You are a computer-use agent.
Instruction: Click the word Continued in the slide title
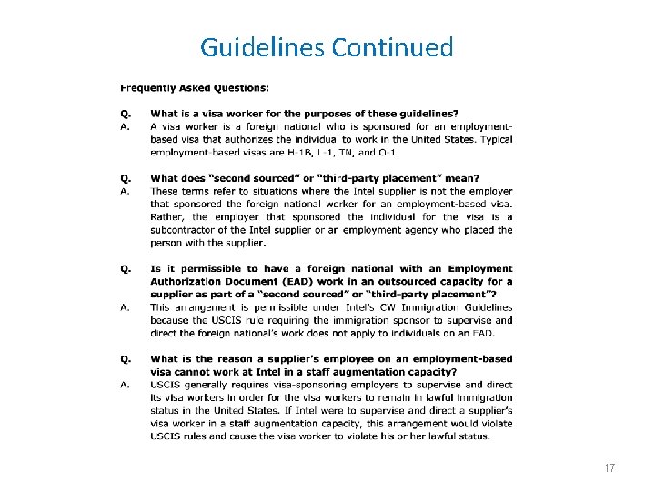[x=392, y=47]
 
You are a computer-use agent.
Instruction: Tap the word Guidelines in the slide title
[x=262, y=47]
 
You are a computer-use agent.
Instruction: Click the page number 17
[x=610, y=467]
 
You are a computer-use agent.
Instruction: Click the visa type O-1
[x=388, y=152]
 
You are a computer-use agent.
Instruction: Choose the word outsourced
[x=405, y=282]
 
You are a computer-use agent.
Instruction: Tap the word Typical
[x=493, y=139]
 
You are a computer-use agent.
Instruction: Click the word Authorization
[x=193, y=282]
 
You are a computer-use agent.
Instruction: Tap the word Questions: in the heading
[x=243, y=88]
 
